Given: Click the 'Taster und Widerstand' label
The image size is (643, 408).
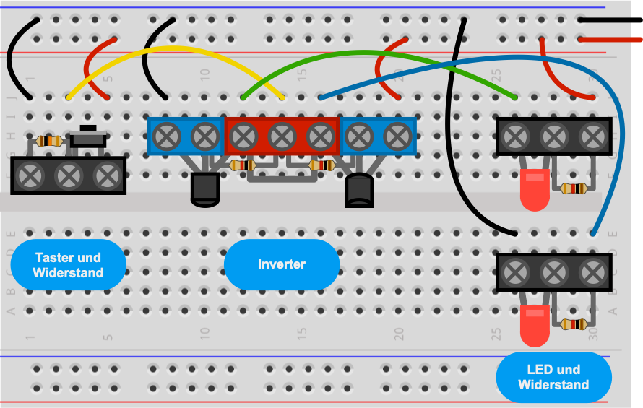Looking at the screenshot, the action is (x=68, y=265).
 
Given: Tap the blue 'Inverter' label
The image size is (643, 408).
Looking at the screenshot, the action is (x=282, y=264).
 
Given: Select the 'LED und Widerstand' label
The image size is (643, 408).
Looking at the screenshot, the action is (x=553, y=377).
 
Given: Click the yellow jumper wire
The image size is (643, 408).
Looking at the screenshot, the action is (x=176, y=49).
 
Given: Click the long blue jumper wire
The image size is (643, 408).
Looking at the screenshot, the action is (x=533, y=58).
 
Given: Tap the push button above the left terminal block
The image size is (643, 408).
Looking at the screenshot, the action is (x=88, y=137).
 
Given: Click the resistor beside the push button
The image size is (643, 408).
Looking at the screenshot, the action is (x=49, y=142).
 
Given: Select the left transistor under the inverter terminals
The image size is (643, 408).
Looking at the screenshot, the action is (x=205, y=189).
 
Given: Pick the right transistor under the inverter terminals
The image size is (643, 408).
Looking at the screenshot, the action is (x=359, y=190).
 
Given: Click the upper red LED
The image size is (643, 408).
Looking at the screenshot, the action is (x=535, y=189).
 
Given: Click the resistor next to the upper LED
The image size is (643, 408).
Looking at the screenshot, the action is (x=574, y=188).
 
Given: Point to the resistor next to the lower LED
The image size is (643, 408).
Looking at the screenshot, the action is (x=574, y=324).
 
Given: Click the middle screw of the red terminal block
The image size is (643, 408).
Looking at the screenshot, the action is (x=282, y=136).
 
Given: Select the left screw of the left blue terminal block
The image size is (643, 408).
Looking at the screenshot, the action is (x=166, y=136).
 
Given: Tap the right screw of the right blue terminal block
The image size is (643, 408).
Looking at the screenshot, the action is (x=397, y=136).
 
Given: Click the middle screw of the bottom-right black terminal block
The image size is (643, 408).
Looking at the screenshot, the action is (x=554, y=272).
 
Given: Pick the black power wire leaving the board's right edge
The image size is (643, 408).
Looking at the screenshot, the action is (x=610, y=19).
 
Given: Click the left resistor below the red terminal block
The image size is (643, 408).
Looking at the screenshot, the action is (x=243, y=165).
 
